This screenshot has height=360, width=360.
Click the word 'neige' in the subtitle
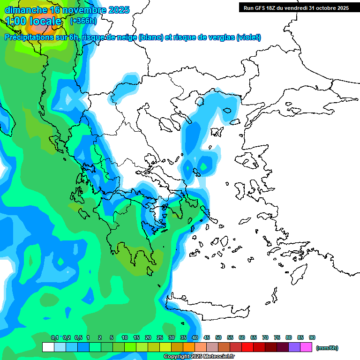pyautogui.click(x=126, y=37)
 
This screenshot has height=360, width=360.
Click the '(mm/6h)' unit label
pyautogui.click(x=327, y=348)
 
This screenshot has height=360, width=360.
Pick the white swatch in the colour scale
pyautogui.click(x=48, y=347)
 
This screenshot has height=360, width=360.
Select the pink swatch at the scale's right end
pyautogui.click(x=306, y=347)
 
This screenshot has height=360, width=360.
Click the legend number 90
pyautogui.click(x=312, y=337)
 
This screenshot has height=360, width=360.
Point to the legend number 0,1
pyautogui.click(x=55, y=337)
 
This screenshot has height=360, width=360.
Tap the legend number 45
pyautogui.click(x=207, y=337)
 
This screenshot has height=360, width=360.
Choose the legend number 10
pyautogui.click(x=125, y=337)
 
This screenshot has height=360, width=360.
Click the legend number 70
pyautogui.click(x=265, y=337)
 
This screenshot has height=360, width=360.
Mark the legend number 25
pyautogui.click(x=160, y=337)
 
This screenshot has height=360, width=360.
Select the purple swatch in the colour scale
pyautogui.click(x=294, y=347)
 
